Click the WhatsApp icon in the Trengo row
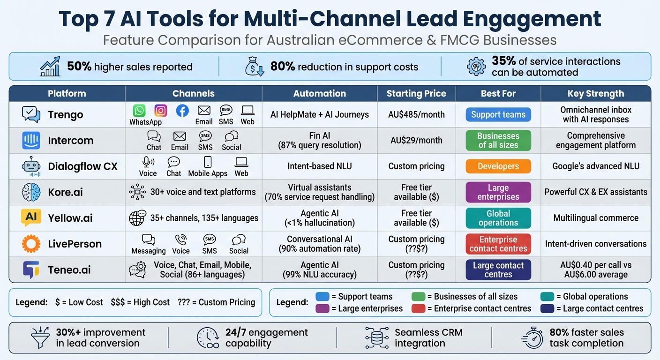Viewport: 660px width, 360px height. tap(139, 111)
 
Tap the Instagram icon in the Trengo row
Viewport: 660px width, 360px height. tap(161, 111)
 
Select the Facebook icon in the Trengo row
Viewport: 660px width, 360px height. tap(182, 111)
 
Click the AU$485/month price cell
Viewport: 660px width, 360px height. tap(416, 115)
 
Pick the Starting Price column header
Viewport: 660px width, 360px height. tap(416, 94)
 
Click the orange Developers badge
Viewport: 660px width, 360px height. tap(498, 166)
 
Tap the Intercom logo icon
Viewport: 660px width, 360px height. tap(31, 141)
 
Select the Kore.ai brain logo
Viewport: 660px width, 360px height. tap(31, 192)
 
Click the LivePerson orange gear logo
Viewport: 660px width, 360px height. tap(31, 244)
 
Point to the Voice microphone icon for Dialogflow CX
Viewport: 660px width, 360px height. tap(148, 162)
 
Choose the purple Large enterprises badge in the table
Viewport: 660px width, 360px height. tap(498, 192)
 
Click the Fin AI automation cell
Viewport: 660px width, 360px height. tap(320, 141)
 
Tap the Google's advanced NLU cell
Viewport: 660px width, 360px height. tap(595, 166)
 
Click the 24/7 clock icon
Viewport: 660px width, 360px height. tap(207, 337)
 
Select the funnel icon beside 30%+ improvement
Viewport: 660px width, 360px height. tap(40, 337)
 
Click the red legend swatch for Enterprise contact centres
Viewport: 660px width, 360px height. tap(418, 308)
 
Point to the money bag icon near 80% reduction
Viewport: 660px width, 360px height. tap(255, 67)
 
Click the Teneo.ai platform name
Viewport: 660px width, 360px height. tap(69, 270)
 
